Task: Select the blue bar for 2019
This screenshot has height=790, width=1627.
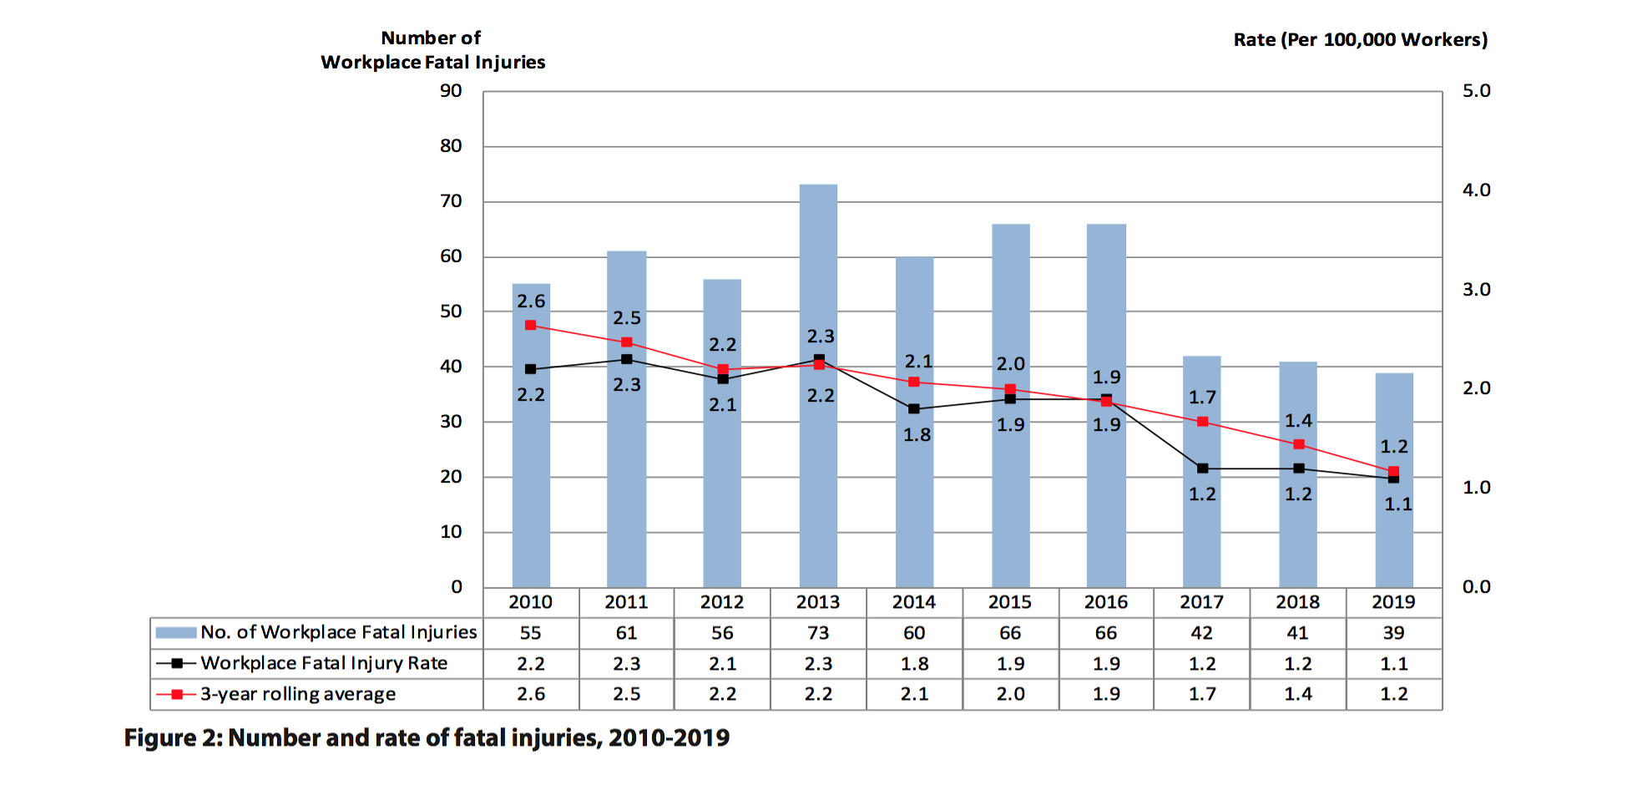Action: click(x=1394, y=534)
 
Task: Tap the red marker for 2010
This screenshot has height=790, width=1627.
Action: click(x=531, y=325)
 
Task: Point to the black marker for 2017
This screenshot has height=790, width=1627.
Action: click(x=1202, y=468)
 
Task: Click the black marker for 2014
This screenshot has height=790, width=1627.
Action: click(x=914, y=409)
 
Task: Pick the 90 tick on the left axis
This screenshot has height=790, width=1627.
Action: click(x=451, y=91)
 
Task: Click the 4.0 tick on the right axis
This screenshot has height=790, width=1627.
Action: click(x=1476, y=190)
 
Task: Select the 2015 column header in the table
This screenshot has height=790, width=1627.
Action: click(x=1010, y=602)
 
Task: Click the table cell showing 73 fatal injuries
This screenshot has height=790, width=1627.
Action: click(x=818, y=633)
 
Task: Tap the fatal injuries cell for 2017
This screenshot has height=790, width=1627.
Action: click(x=1202, y=633)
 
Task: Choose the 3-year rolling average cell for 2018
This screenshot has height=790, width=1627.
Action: click(x=1298, y=694)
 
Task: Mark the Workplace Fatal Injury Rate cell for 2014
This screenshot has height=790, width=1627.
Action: click(x=914, y=664)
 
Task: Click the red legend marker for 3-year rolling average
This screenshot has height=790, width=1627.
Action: click(x=177, y=695)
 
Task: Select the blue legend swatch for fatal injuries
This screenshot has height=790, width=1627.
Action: click(x=176, y=633)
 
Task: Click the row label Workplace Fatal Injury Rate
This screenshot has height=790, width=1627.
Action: click(x=324, y=664)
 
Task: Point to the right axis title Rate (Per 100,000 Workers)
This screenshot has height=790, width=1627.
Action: click(x=1360, y=40)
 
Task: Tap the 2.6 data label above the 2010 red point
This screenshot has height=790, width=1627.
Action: click(x=531, y=301)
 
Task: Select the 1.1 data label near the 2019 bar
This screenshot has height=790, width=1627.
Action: click(x=1398, y=504)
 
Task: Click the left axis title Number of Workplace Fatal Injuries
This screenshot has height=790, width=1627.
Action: click(x=432, y=50)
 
